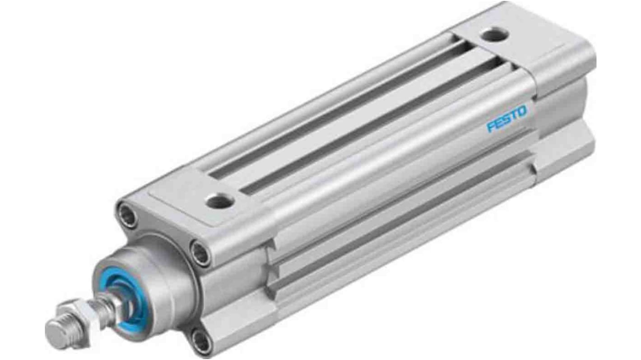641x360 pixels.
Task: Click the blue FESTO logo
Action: tap(506, 119)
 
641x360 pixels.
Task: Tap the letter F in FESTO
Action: tap(491, 126)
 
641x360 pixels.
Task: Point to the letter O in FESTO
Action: tap(521, 111)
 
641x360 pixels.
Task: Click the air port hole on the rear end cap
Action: tap(494, 35)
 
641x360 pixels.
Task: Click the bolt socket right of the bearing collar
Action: tap(200, 253)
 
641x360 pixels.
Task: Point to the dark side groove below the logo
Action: tap(406, 198)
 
